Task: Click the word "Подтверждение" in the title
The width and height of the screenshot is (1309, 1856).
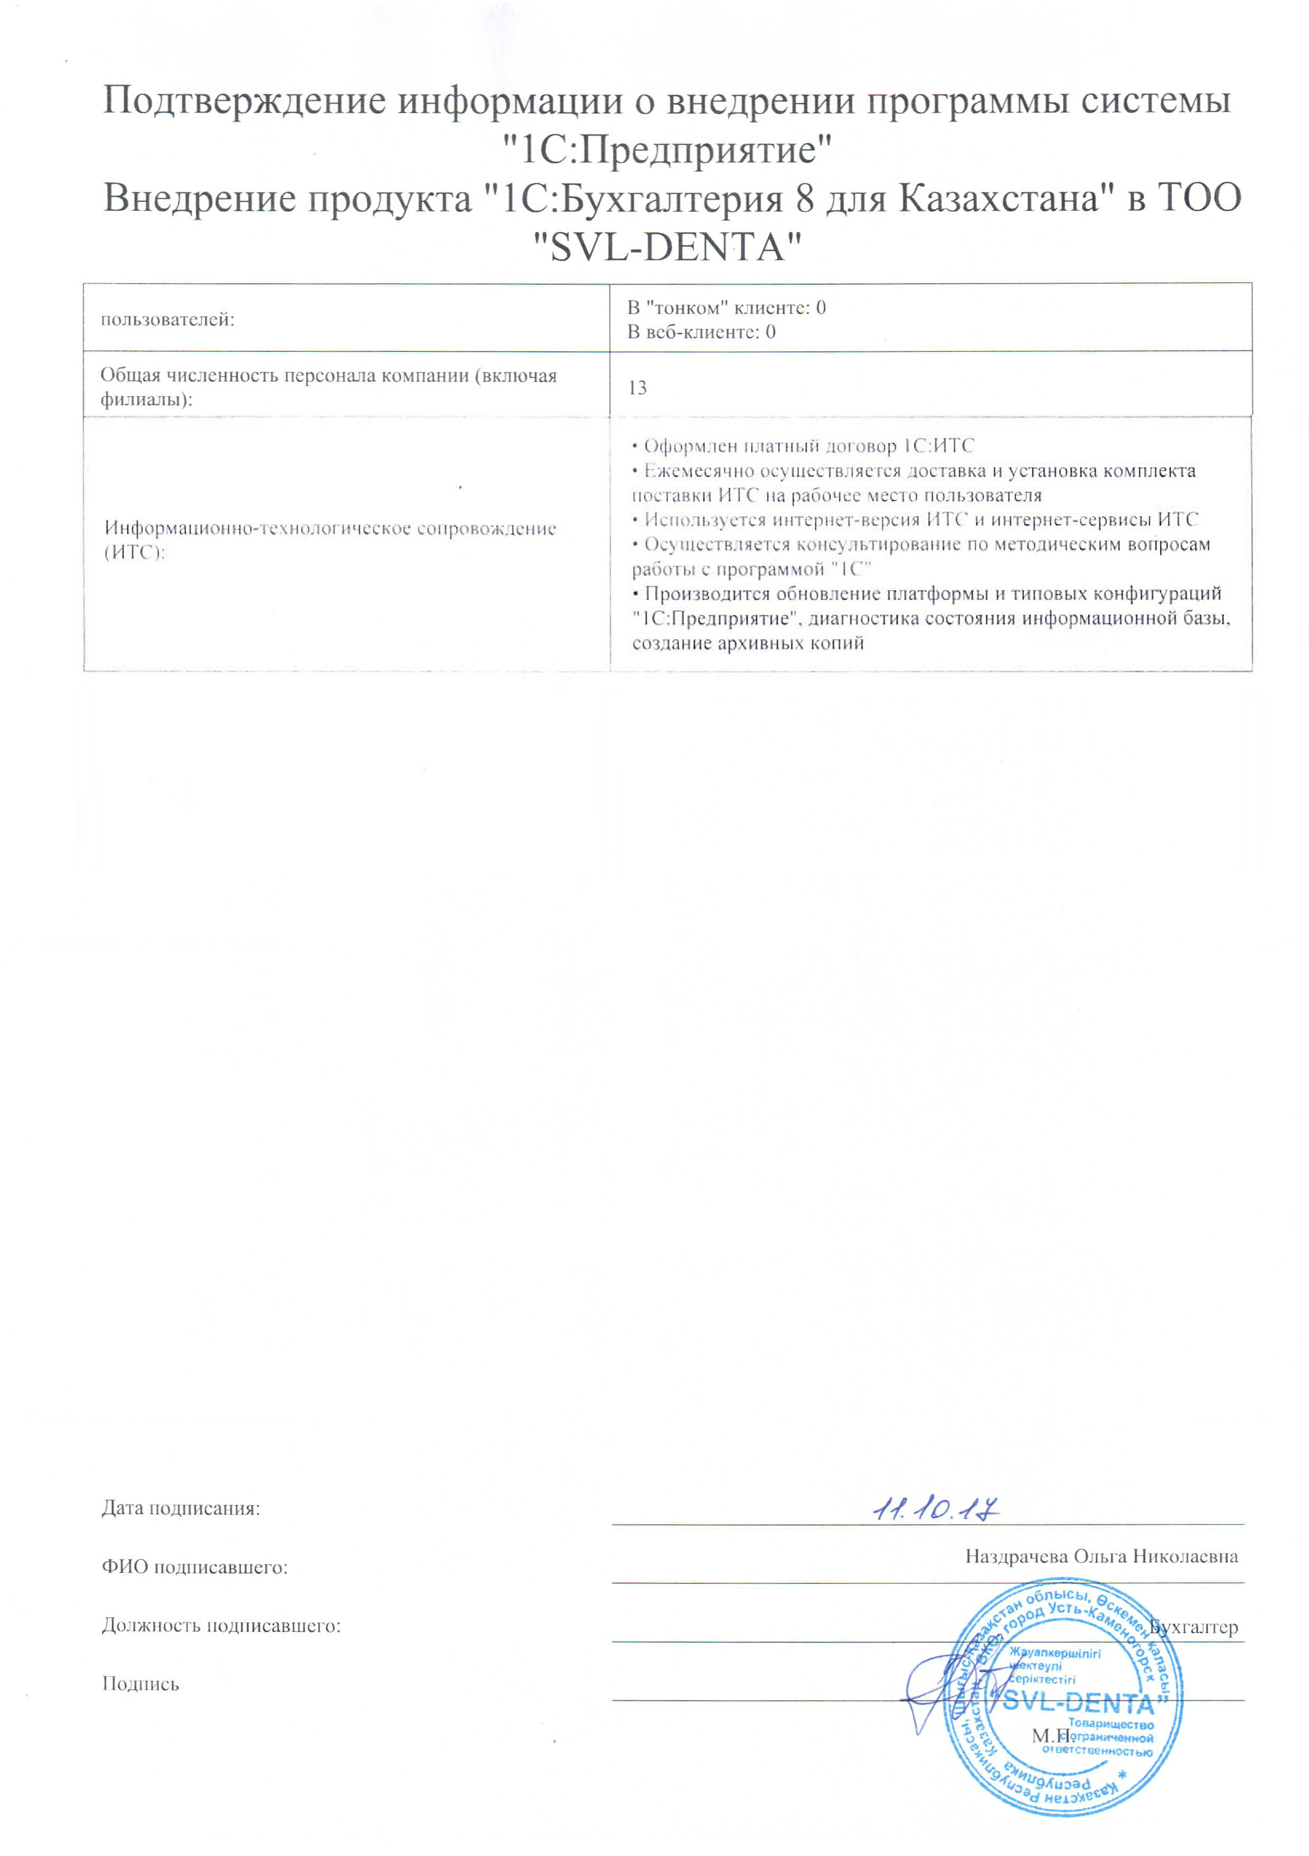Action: [242, 101]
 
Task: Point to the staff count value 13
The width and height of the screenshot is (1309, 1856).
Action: [637, 388]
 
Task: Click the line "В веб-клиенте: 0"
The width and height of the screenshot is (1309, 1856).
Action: [701, 331]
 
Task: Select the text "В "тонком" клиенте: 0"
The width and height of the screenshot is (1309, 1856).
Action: [726, 307]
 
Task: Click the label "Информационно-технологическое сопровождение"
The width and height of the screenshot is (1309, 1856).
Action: [329, 529]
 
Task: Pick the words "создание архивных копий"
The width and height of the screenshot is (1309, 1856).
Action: [747, 643]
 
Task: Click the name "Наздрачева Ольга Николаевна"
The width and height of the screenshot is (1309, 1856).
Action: [1100, 1557]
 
